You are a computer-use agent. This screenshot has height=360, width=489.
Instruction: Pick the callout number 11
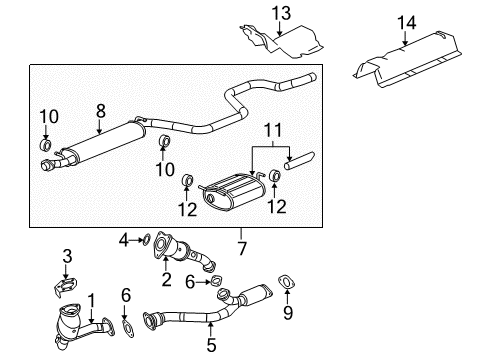(268, 131)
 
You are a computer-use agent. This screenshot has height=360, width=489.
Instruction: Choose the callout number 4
(123, 240)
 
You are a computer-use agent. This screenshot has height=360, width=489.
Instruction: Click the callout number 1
(91, 299)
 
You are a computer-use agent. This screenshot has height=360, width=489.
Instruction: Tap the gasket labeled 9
(286, 283)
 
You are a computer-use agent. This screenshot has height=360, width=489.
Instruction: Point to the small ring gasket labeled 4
(146, 240)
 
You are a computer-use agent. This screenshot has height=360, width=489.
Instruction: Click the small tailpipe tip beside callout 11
(298, 163)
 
